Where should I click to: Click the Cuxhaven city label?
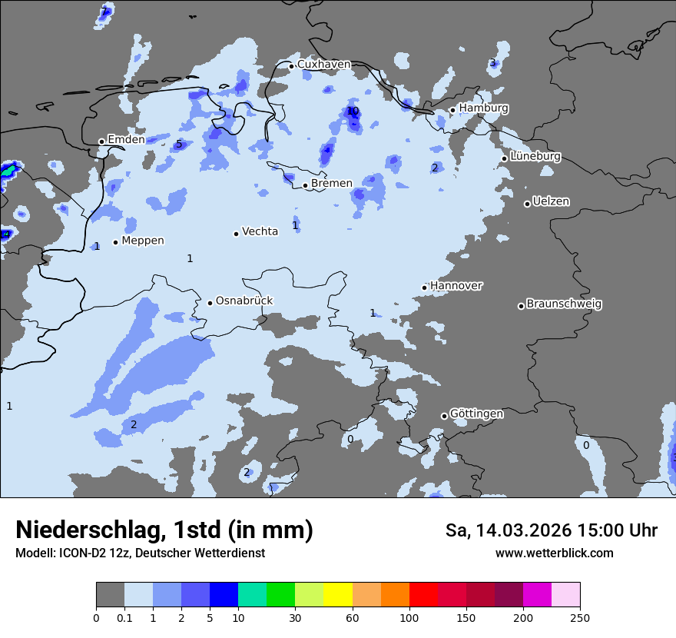click(323, 65)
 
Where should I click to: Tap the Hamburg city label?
click(483, 108)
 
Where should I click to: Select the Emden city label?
click(125, 139)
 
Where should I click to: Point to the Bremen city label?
click(331, 184)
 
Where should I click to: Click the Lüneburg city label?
click(535, 156)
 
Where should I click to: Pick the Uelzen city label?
click(551, 201)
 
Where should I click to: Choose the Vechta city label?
click(260, 231)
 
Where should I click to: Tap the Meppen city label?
click(142, 241)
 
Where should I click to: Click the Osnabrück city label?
click(244, 301)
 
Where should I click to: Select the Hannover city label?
click(456, 286)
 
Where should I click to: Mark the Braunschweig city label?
click(564, 304)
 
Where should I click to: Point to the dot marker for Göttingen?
click(444, 416)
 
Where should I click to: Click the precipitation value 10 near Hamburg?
click(353, 111)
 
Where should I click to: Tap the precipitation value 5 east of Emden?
click(179, 144)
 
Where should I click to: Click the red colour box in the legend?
click(423, 594)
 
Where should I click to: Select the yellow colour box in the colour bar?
click(338, 594)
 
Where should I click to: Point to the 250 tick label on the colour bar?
click(579, 617)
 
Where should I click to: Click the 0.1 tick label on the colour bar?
click(124, 617)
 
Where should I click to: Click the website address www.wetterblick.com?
click(554, 553)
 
